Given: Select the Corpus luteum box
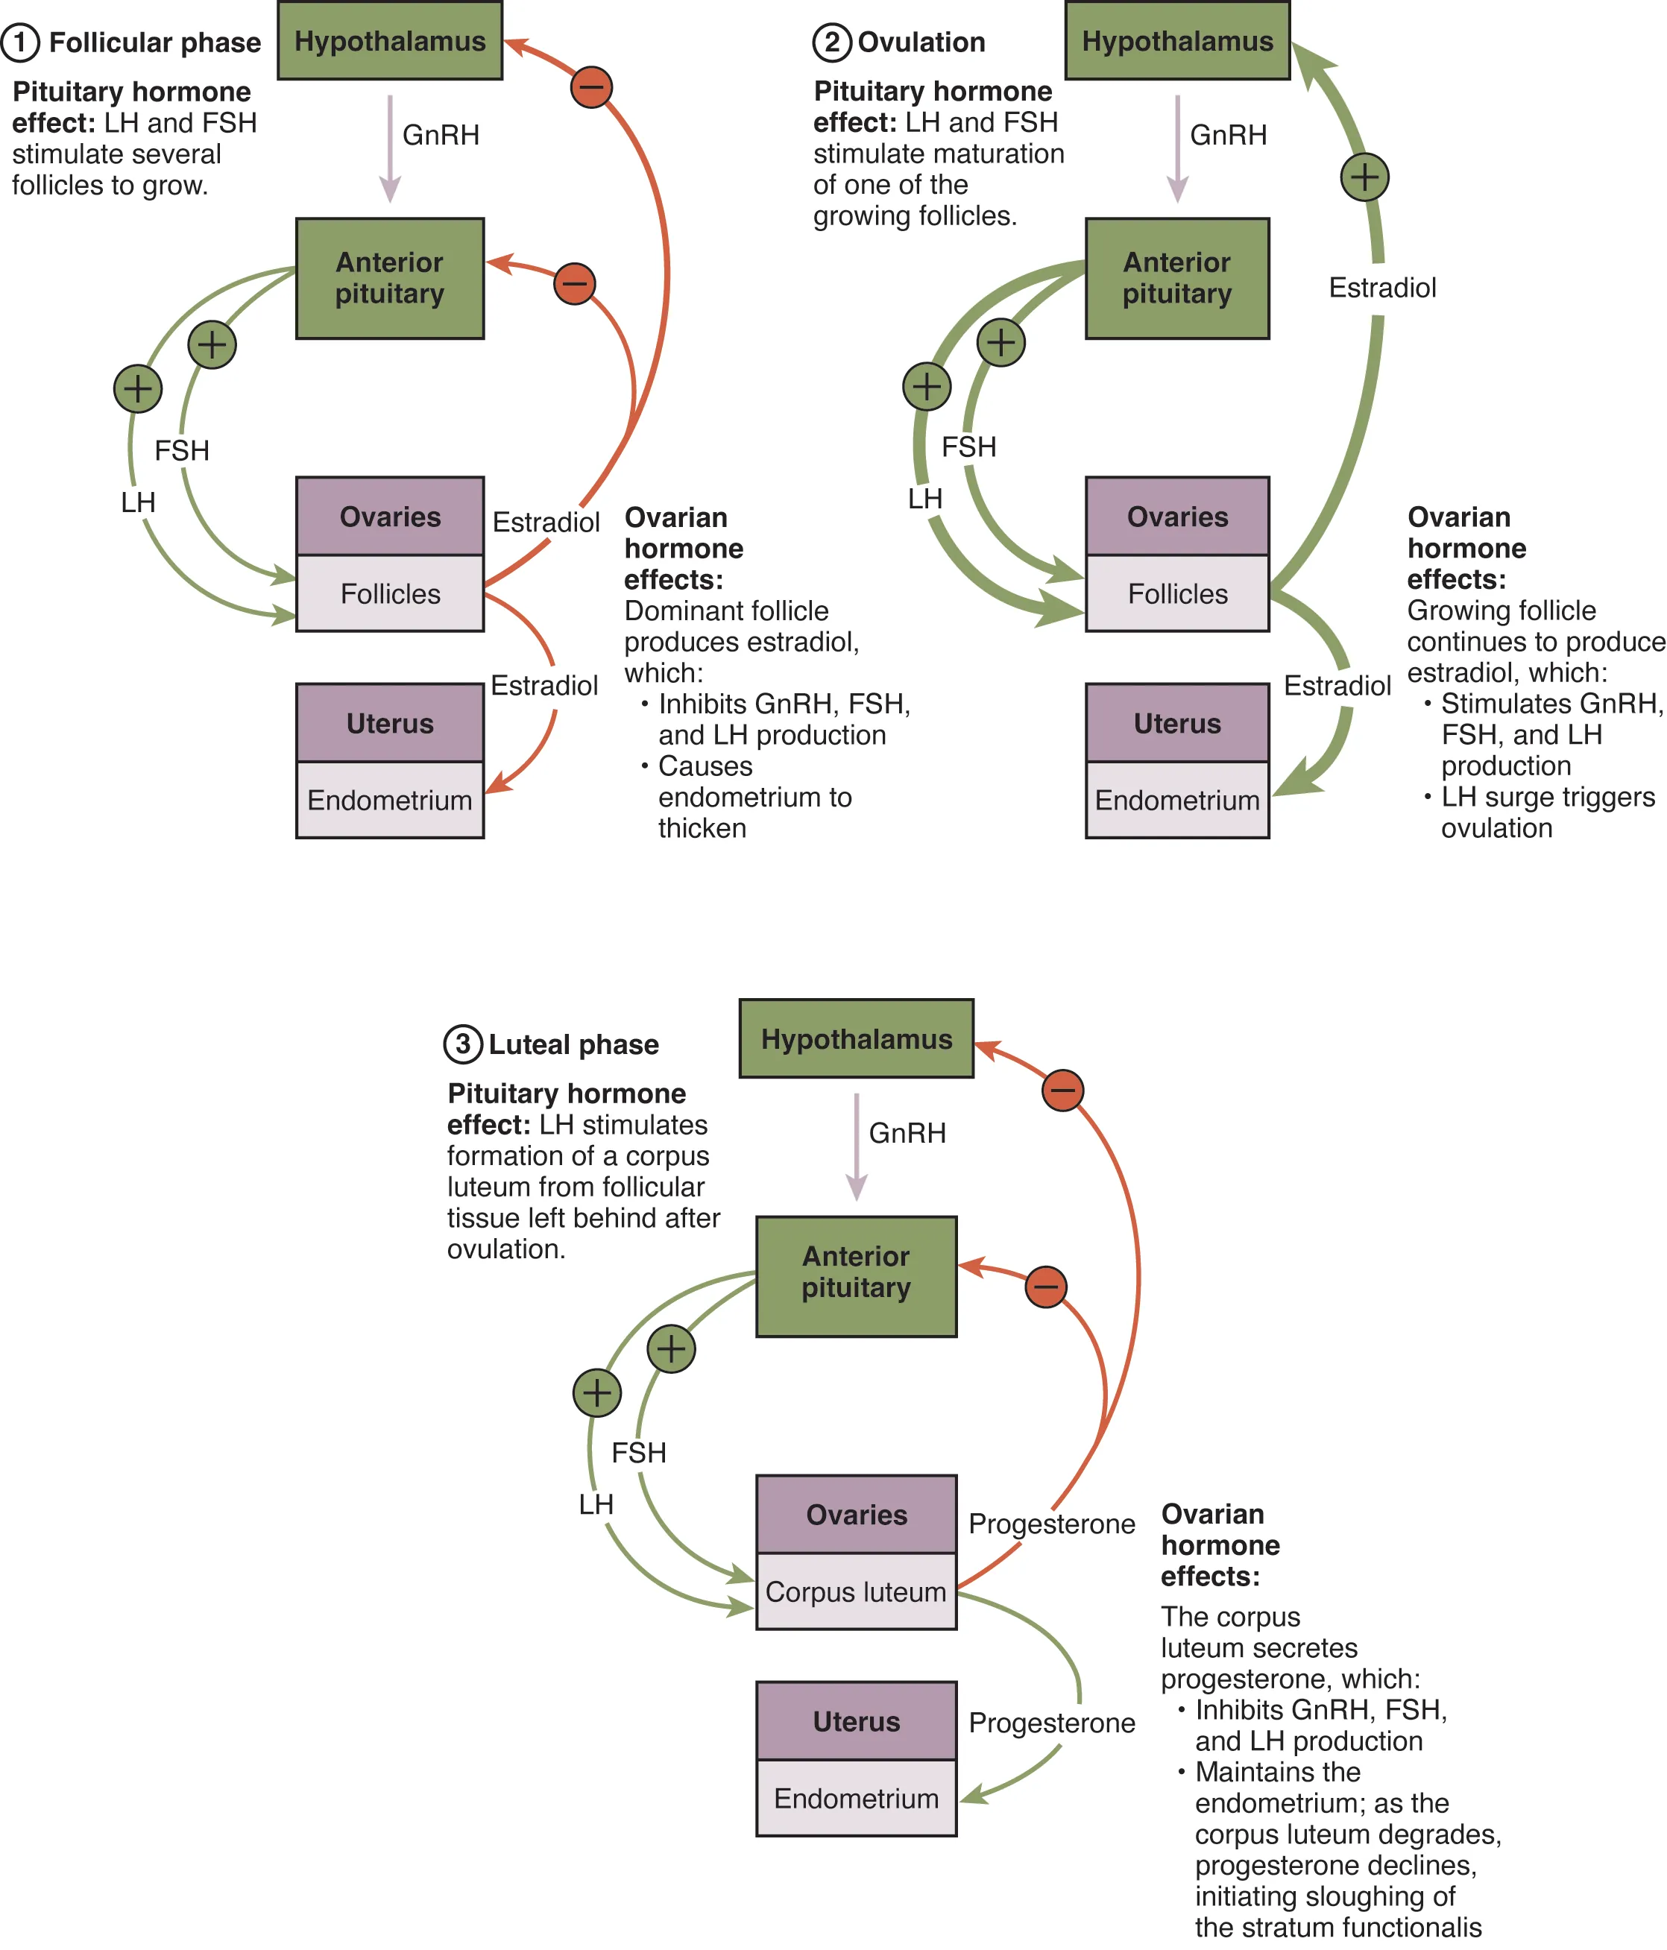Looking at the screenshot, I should click(x=856, y=1591).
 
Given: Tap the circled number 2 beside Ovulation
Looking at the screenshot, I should click(x=831, y=42).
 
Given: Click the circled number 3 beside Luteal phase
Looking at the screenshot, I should click(x=462, y=1044).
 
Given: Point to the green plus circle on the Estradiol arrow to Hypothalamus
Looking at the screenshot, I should click(x=1364, y=177).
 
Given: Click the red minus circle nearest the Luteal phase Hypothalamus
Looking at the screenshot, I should click(x=1062, y=1090).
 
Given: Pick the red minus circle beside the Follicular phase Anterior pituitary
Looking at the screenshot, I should click(x=574, y=283).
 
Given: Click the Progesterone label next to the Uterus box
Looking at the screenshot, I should click(x=1051, y=1722).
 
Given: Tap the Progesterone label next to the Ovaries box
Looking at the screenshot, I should click(x=1051, y=1523).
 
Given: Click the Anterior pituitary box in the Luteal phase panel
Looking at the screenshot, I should click(x=856, y=1275).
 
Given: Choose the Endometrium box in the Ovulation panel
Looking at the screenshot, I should click(x=1176, y=800).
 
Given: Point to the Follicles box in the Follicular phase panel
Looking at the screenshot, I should click(x=390, y=594).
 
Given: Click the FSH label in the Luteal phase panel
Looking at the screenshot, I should click(x=638, y=1452).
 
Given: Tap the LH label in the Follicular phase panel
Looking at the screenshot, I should click(x=137, y=502).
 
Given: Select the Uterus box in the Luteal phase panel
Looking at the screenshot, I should click(x=856, y=1720).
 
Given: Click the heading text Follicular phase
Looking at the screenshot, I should click(x=154, y=42).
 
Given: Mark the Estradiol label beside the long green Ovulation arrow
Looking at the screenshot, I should click(x=1381, y=287).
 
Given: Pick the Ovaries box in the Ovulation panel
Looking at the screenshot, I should click(x=1176, y=516).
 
